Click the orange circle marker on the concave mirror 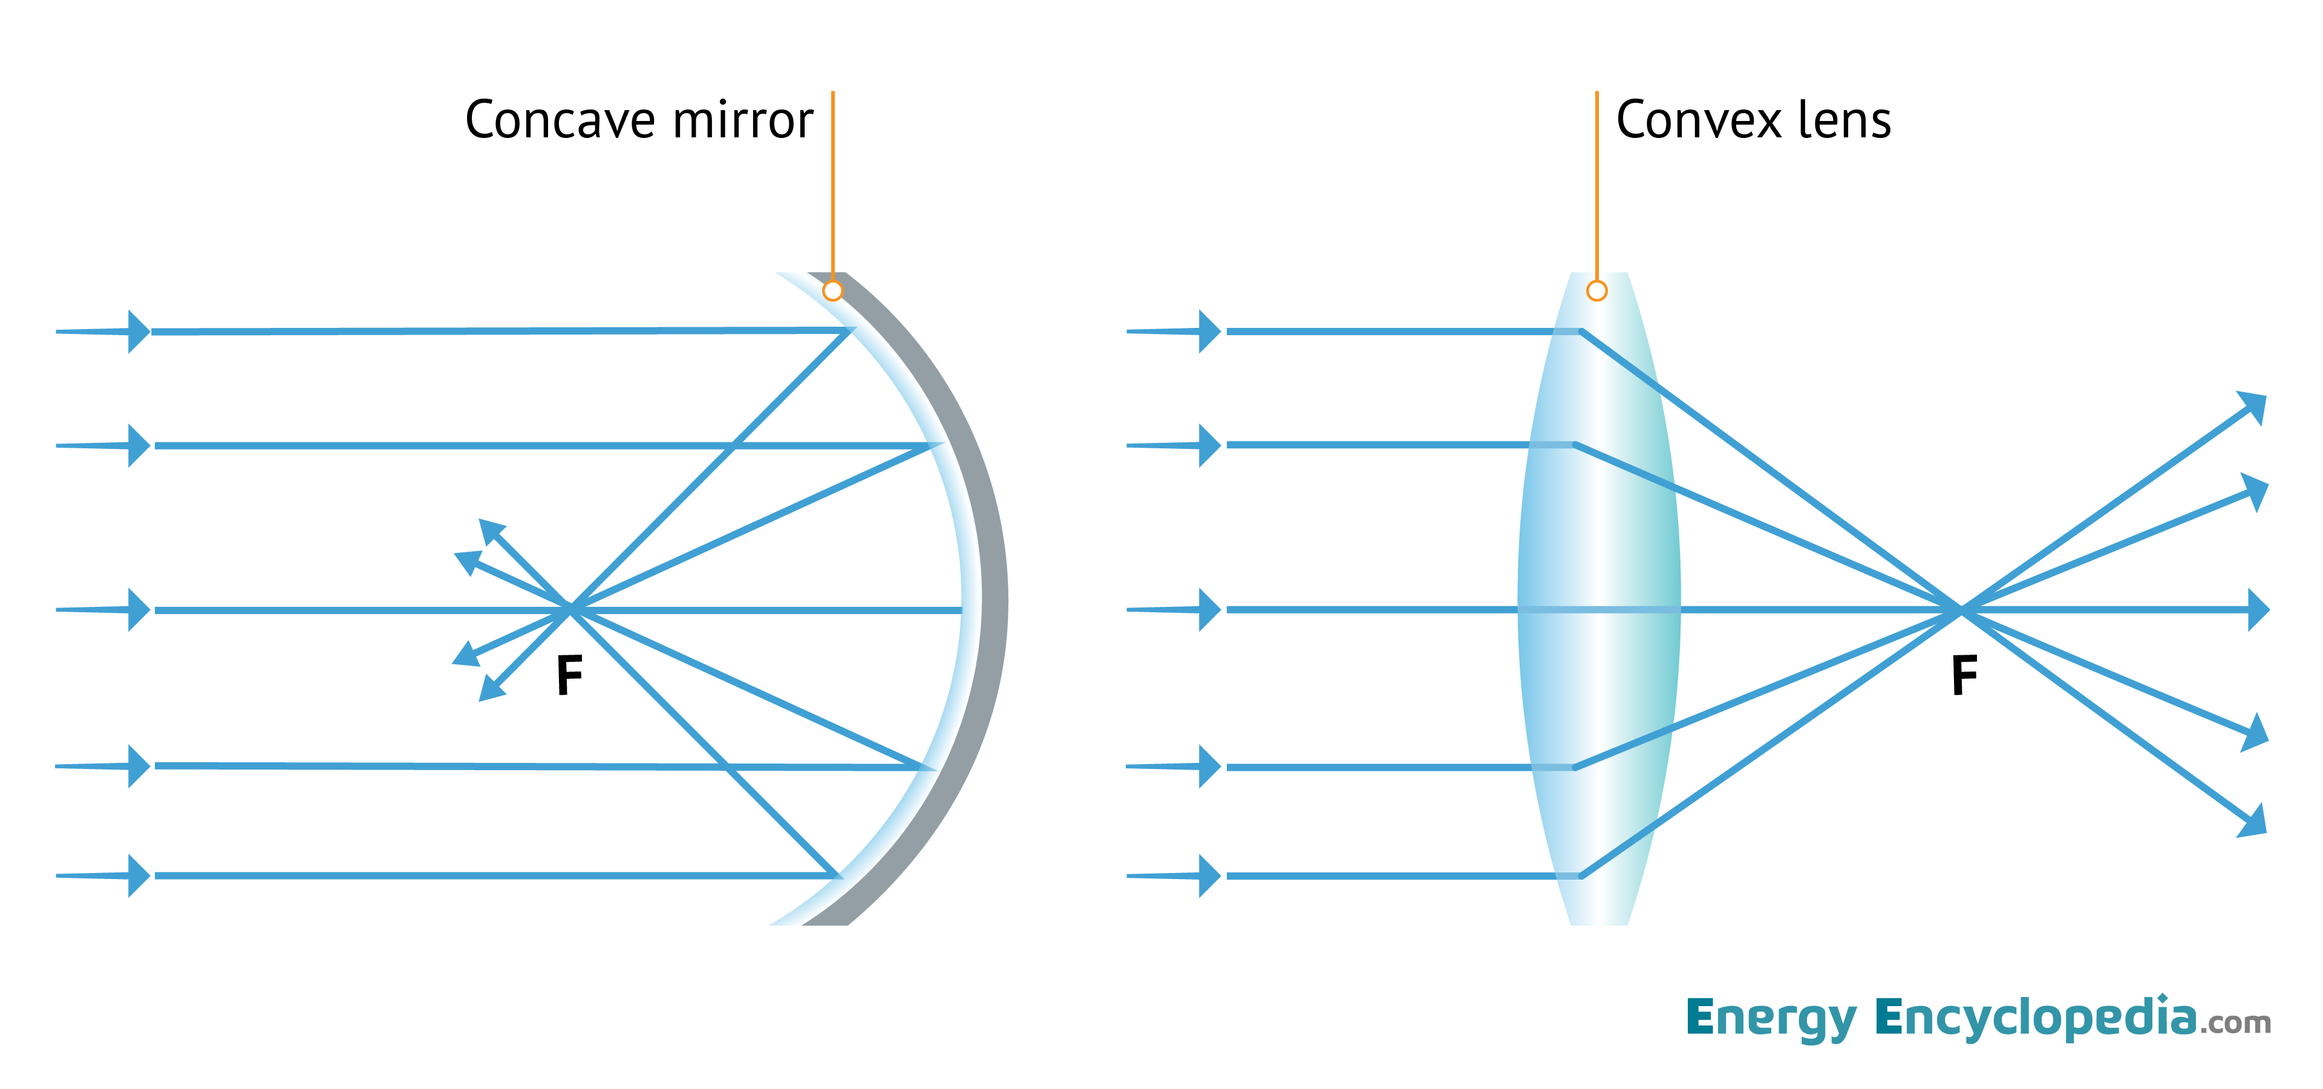[832, 290]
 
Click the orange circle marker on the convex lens [1596, 290]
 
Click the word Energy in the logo [1770, 1019]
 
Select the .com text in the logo [2235, 1023]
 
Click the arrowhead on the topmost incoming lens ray [1209, 332]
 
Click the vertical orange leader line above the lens [1596, 180]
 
